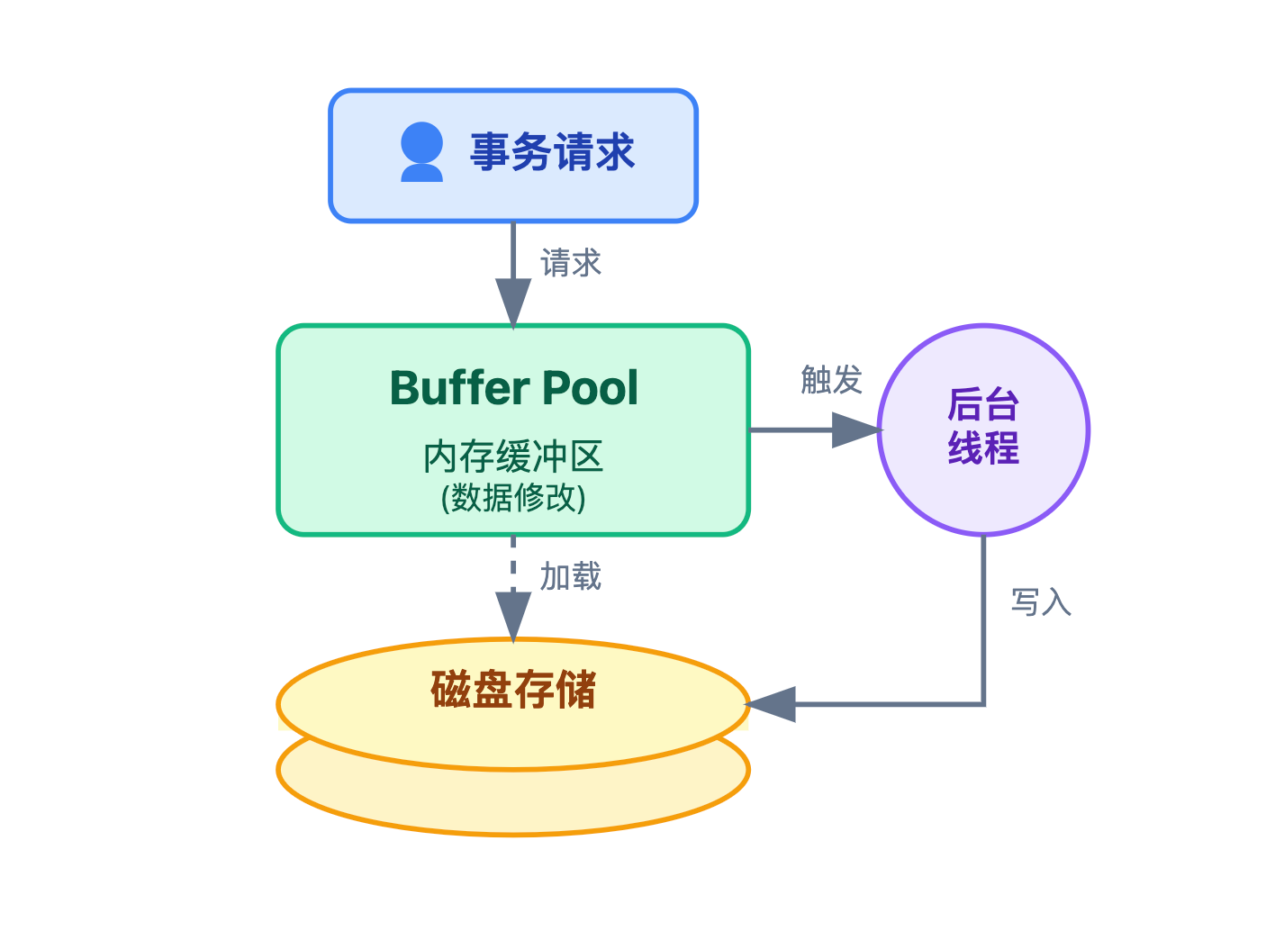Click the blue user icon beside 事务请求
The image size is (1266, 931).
[x=421, y=152]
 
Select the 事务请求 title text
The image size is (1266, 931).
[x=552, y=152]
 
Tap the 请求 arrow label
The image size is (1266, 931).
[x=570, y=264]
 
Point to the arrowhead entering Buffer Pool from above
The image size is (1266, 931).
[x=513, y=303]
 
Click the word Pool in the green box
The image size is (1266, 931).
[x=590, y=389]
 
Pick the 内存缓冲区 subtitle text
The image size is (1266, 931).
[x=513, y=457]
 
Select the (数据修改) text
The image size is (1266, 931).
[x=513, y=497]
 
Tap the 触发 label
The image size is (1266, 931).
[x=831, y=380]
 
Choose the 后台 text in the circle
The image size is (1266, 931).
[x=982, y=405]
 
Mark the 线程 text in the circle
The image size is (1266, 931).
[x=982, y=447]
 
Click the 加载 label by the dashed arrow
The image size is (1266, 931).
[x=570, y=577]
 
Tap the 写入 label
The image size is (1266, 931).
[x=1041, y=602]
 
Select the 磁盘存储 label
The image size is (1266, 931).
[x=513, y=691]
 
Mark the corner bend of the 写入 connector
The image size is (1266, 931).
[x=983, y=704]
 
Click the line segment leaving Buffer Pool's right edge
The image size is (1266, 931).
[x=788, y=430]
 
